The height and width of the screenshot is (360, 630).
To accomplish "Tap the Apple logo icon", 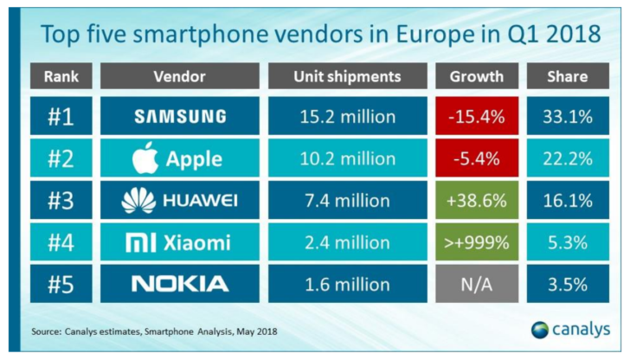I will click(148, 157).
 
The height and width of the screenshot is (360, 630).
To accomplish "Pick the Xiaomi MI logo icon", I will click(141, 241).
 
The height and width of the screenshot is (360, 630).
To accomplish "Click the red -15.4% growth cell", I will click(476, 117).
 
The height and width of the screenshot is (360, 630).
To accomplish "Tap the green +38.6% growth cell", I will click(476, 200).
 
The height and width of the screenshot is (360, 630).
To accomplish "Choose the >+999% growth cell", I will click(476, 241).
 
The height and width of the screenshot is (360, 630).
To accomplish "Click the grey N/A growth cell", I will click(476, 283).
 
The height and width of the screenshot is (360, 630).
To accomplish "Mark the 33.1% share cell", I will click(568, 117).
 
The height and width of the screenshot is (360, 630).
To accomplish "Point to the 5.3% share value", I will click(568, 241).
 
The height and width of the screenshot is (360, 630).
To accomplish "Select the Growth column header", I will click(476, 76).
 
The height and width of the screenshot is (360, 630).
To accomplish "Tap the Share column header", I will click(568, 76).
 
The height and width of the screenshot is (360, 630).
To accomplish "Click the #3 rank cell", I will click(61, 200).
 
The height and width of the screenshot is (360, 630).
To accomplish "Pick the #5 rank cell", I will click(61, 283).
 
